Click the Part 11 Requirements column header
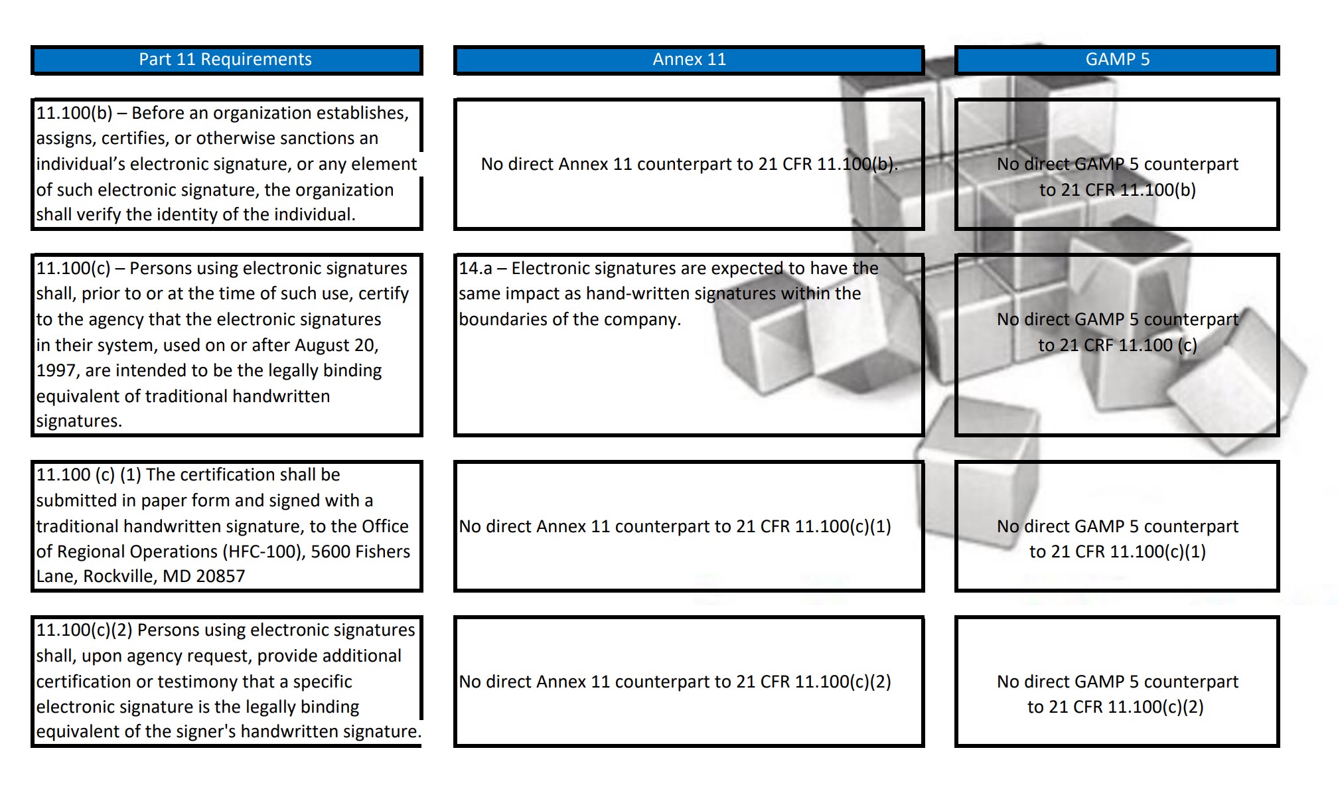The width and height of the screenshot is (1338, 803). pos(225,60)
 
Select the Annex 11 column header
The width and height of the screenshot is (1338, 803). pos(689,60)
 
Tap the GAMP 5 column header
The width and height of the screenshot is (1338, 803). pos(1117,60)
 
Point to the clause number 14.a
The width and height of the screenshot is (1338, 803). pos(475,269)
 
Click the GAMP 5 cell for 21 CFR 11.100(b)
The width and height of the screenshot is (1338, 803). pos(1117,177)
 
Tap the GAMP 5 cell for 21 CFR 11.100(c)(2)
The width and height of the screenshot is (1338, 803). pos(1117,694)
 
